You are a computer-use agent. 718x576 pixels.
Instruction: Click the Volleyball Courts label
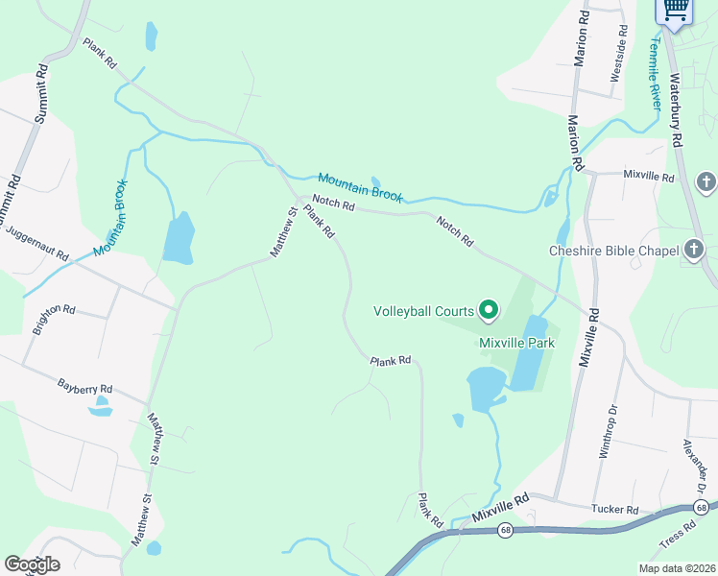click(x=423, y=310)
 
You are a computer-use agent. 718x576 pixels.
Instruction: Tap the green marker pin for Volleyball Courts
click(x=489, y=309)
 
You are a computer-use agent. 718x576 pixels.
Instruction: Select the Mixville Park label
click(x=518, y=342)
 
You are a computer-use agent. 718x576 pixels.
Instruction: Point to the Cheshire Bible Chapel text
click(x=613, y=251)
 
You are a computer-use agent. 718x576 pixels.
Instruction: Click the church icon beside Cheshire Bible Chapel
click(x=694, y=251)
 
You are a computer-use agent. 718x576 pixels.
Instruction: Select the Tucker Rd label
click(x=614, y=509)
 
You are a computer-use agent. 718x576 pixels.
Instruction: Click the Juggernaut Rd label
click(x=36, y=243)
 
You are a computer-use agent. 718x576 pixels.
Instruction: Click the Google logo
click(x=32, y=564)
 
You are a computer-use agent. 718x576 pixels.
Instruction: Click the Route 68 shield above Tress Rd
click(x=703, y=507)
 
